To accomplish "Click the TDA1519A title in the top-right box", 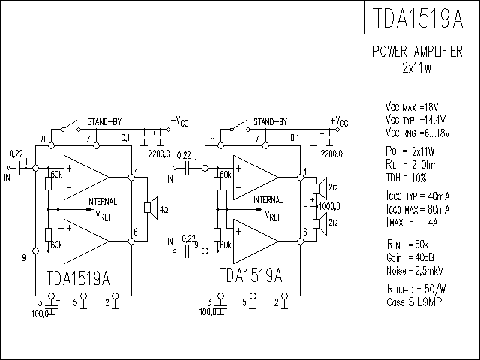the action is point(418,18).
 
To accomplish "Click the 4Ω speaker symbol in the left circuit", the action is point(151,208).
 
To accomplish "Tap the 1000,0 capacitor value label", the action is point(329,207).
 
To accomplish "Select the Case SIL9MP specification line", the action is point(414,301).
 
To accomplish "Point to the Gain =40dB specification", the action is point(410,257).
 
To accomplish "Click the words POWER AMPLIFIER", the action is point(418,52).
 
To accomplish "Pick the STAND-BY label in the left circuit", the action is point(104,121).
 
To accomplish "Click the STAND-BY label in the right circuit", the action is point(271,121).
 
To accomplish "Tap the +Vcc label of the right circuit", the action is point(339,121).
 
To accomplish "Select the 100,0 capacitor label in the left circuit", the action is point(40,313).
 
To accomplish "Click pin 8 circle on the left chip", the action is point(52,145).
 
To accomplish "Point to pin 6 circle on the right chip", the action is point(300,241).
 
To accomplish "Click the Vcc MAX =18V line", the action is point(412,106).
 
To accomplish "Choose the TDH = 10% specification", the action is point(406,178).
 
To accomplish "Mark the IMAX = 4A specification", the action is point(412,223).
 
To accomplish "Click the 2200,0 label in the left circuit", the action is point(159,154).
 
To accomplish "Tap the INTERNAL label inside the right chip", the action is point(268,200).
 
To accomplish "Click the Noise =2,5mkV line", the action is point(415,270).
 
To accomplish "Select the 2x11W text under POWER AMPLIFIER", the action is point(417,67).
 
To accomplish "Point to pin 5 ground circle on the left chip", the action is point(83,295).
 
